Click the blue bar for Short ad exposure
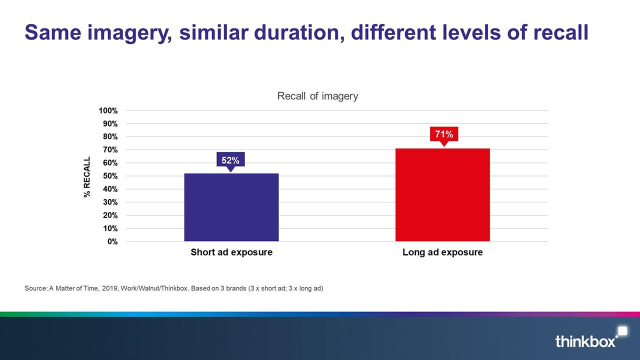point(231,207)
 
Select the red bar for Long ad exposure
point(442,195)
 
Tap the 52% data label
point(230,160)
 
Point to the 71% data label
point(444,134)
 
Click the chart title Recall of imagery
point(317,96)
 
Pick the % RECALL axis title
point(87,177)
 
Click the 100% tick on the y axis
point(108,110)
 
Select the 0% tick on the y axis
point(112,241)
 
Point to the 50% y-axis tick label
point(110,176)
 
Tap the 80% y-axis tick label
point(110,136)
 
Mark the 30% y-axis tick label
point(110,202)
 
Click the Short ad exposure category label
point(231,252)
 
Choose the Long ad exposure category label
point(442,252)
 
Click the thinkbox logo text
point(585,341)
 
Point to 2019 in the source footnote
point(109,288)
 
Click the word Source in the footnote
point(35,288)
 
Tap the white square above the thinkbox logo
point(622,331)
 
